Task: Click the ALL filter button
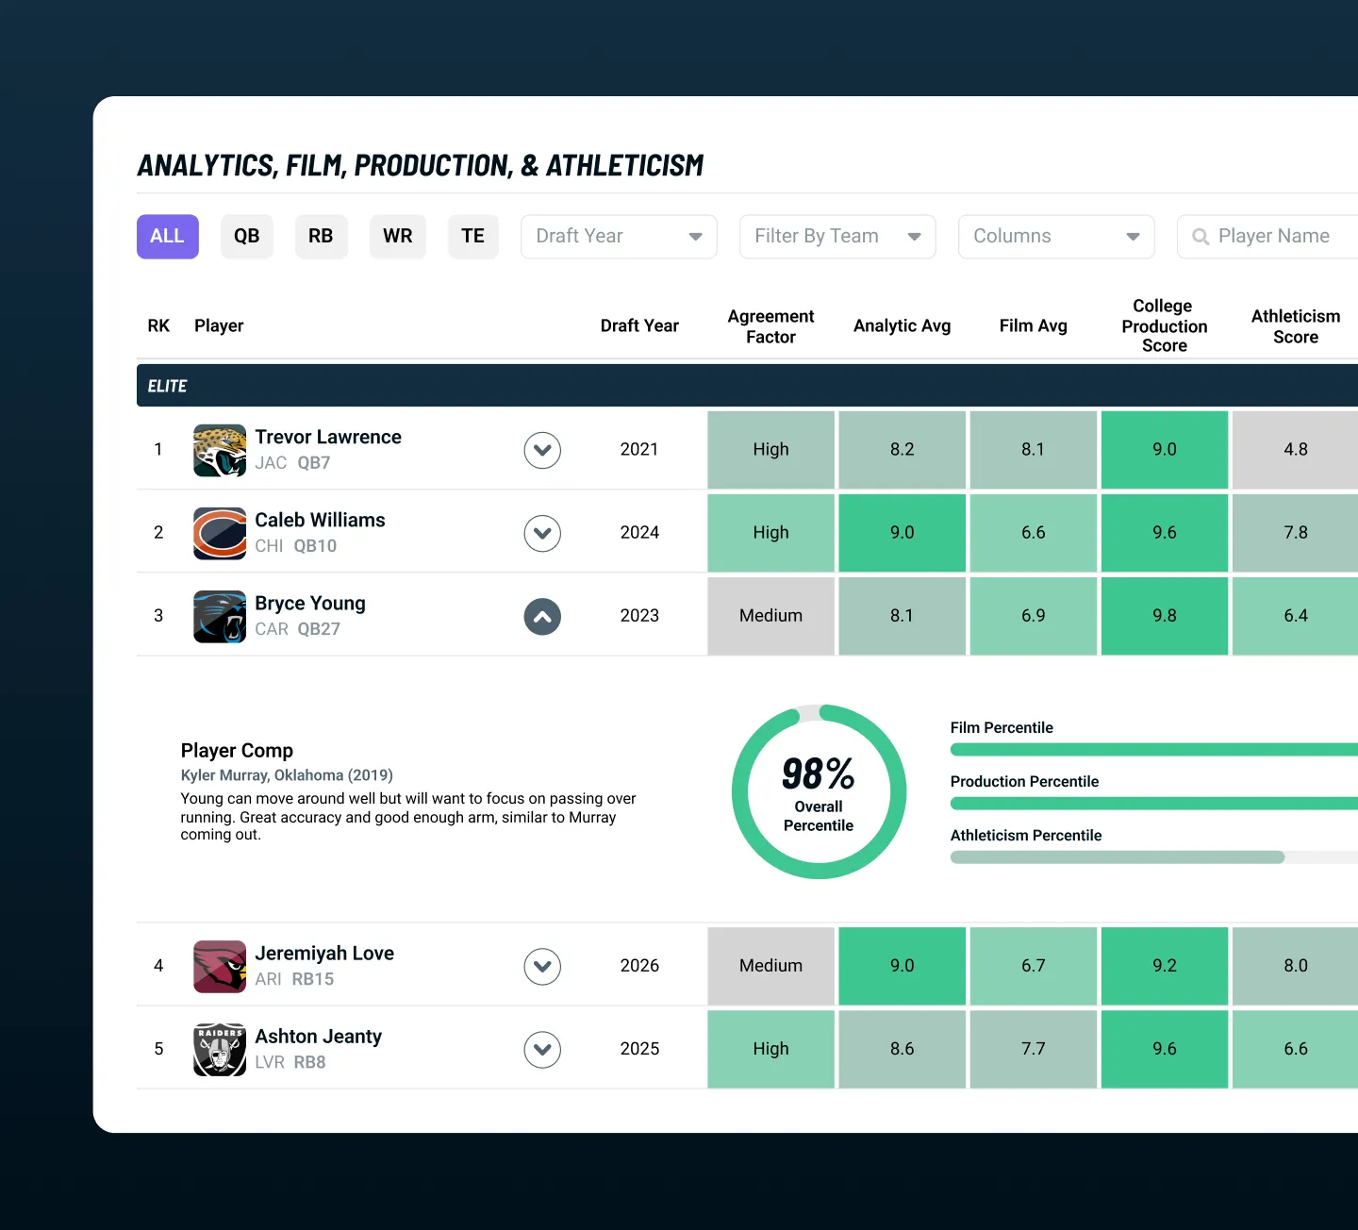tap(167, 237)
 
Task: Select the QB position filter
tap(246, 237)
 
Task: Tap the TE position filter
tap(472, 237)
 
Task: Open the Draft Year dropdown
tap(619, 237)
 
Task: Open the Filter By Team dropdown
tap(837, 237)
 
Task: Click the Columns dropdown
tap(1056, 237)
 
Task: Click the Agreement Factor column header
tap(770, 326)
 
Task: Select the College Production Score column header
tap(1165, 325)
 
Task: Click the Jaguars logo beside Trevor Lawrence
tap(220, 451)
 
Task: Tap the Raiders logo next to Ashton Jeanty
tap(220, 1050)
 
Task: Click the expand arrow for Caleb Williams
tap(542, 533)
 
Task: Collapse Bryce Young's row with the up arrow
tap(542, 616)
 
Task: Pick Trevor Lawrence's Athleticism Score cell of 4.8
tap(1295, 450)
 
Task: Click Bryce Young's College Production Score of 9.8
tap(1165, 616)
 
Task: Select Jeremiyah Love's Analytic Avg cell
tap(902, 966)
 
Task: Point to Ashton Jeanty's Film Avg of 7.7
tap(1033, 1049)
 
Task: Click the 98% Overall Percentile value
tap(818, 774)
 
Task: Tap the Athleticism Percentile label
tap(1026, 835)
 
